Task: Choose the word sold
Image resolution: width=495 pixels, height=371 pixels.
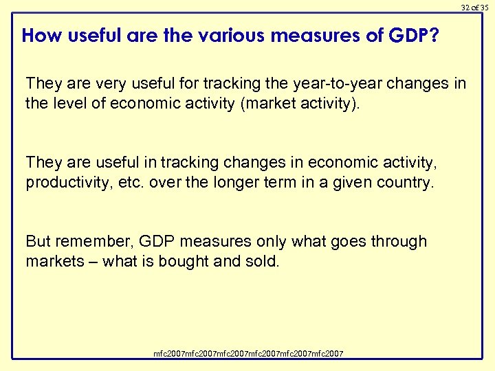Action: [x=263, y=261]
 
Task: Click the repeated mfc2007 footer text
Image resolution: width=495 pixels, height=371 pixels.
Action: [x=248, y=354]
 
